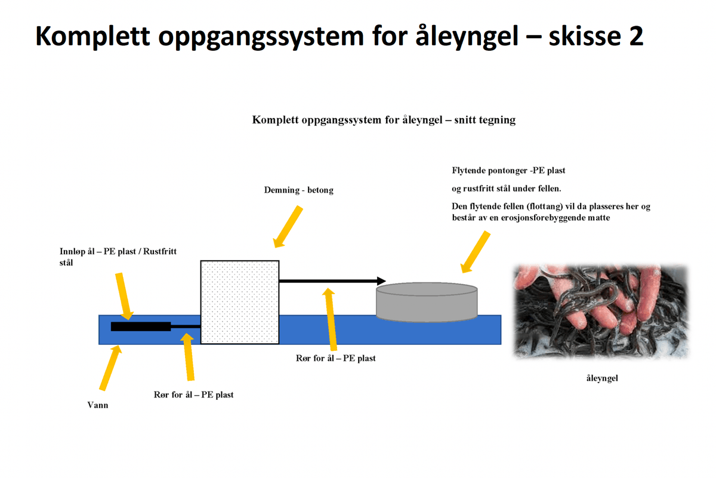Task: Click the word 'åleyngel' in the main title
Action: pos(467,37)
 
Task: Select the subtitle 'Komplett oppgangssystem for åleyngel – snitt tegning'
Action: pos(384,120)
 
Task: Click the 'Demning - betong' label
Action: pos(298,190)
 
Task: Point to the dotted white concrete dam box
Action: pos(240,302)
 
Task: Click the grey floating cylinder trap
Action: pos(427,302)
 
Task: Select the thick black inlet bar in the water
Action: pos(141,326)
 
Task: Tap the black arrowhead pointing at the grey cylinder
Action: pos(381,281)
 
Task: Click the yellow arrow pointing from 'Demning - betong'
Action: pos(288,227)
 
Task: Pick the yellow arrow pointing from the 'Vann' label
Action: pos(110,368)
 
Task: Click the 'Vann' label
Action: pos(98,405)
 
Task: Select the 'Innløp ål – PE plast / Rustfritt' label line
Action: pos(118,251)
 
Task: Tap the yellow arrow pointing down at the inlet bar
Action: pos(124,297)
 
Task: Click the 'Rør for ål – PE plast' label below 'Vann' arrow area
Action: pos(194,394)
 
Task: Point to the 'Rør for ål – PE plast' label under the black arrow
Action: pos(335,358)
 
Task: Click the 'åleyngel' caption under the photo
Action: pos(602,378)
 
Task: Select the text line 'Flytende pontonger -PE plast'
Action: pos(508,171)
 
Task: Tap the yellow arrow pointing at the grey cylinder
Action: pos(476,252)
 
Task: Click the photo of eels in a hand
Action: pos(601,312)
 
